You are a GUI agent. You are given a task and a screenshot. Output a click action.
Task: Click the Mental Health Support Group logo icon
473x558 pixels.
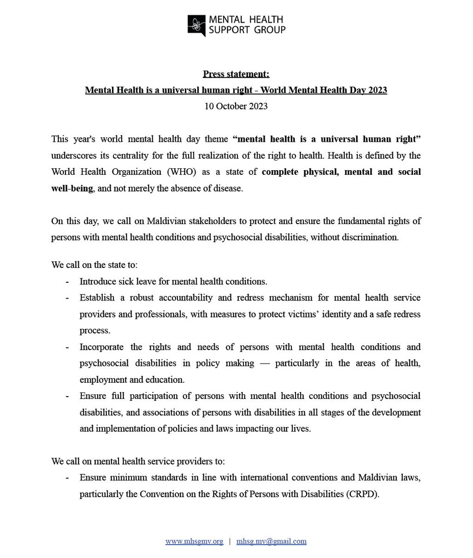coord(197,25)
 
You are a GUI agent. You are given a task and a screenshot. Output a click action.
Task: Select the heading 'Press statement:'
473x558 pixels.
coord(236,74)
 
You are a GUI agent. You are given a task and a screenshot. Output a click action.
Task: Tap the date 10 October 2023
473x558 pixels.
coord(236,106)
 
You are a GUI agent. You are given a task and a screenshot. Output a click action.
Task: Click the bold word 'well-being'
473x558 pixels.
coord(72,188)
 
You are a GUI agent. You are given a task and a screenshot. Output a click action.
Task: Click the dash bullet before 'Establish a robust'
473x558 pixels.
coord(68,298)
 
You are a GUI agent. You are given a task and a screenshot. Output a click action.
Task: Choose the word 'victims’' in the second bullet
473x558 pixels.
coord(315,314)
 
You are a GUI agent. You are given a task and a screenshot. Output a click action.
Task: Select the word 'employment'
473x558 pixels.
coord(101,379)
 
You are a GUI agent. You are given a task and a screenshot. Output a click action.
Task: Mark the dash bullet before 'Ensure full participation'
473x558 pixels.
coord(68,396)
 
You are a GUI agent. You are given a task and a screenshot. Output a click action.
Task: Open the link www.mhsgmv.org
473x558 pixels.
coord(194,541)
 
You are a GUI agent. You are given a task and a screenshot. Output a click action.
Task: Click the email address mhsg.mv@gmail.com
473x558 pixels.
coord(271,541)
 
